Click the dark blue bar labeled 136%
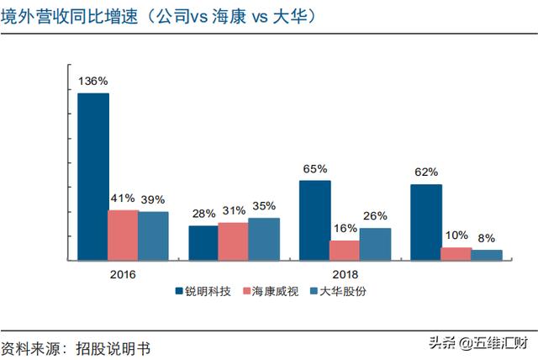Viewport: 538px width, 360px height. point(93,177)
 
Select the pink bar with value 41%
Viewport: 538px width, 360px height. point(123,235)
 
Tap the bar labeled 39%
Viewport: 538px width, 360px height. point(153,236)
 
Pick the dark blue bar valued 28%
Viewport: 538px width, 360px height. point(203,243)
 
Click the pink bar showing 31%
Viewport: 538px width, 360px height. point(233,241)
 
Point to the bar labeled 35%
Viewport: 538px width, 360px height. point(264,239)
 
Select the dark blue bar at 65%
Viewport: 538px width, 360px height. point(315,220)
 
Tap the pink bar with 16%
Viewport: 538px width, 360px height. point(345,250)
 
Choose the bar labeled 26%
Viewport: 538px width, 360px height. point(375,244)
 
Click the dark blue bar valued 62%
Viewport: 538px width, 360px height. point(426,222)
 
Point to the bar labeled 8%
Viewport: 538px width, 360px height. point(487,255)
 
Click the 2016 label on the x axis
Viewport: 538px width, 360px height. point(123,274)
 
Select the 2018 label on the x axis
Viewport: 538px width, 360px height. point(345,274)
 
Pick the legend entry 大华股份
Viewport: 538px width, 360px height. point(341,291)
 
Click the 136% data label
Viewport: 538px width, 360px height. point(93,82)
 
